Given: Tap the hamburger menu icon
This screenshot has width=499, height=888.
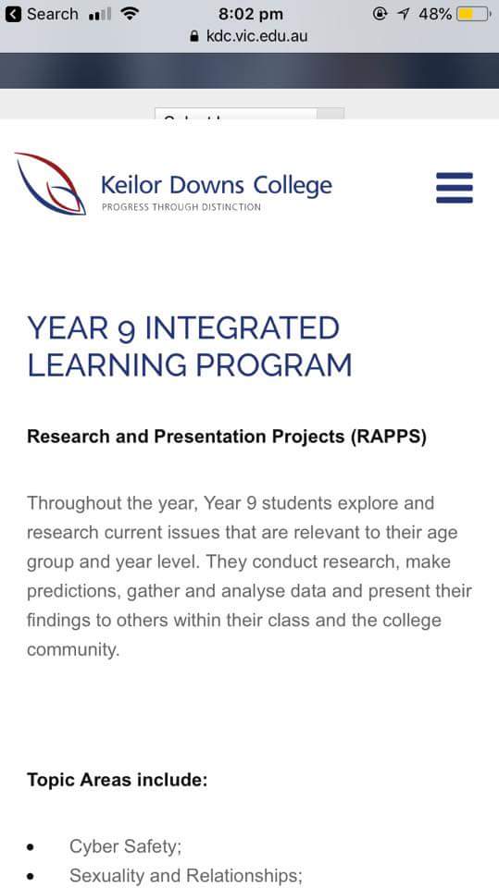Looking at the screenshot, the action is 455,188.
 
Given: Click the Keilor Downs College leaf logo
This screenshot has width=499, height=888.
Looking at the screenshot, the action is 51,183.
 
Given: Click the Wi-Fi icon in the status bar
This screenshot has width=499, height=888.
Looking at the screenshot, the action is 131,14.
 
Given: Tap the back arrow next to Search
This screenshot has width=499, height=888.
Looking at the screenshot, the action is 12,14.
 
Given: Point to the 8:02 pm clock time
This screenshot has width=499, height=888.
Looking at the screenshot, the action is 251,14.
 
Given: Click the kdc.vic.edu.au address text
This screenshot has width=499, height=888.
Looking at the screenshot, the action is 256,36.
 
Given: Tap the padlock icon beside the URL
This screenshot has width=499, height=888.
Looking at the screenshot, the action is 194,36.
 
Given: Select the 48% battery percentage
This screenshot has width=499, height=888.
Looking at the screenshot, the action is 435,14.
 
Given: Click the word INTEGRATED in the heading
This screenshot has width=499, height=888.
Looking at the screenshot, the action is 243,328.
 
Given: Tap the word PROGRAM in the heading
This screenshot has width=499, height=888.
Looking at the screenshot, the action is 274,364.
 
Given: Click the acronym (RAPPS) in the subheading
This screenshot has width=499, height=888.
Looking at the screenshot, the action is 389,438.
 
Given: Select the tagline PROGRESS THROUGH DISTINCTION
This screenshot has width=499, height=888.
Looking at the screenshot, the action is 181,207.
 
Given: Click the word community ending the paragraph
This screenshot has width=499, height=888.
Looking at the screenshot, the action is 73,649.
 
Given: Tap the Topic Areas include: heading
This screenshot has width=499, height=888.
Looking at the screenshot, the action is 118,780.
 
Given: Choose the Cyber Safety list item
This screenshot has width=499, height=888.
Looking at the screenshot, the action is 125,847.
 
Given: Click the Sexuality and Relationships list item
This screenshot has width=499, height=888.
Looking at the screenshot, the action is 186,876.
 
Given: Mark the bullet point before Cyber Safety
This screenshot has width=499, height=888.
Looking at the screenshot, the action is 31,848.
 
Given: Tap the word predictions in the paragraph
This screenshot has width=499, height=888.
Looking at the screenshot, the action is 74,591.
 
